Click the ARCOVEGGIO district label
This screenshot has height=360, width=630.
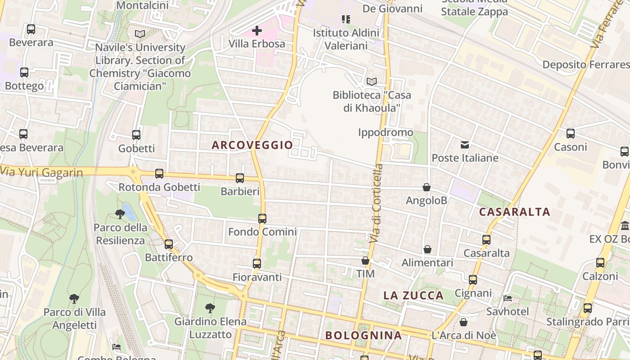(252, 145)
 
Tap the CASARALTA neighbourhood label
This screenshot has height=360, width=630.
(514, 212)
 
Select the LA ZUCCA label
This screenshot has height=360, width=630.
(413, 296)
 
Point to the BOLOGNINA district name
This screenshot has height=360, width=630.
(363, 335)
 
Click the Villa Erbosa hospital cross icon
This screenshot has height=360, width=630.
(257, 31)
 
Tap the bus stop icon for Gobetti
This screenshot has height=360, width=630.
(136, 135)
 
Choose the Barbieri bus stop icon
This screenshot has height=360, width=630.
(240, 178)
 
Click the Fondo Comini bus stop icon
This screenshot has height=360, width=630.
(262, 219)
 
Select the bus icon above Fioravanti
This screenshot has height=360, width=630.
(257, 264)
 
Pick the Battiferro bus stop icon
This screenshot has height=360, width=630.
(169, 244)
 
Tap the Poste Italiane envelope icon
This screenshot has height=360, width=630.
(465, 145)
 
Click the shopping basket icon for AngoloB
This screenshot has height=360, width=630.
(427, 187)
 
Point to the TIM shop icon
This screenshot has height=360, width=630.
(365, 261)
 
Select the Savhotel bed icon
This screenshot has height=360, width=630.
(508, 298)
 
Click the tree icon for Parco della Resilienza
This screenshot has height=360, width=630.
(120, 214)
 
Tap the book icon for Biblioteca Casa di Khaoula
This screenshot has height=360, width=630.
(371, 81)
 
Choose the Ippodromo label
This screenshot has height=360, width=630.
(386, 132)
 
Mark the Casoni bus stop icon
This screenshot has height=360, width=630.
(571, 134)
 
